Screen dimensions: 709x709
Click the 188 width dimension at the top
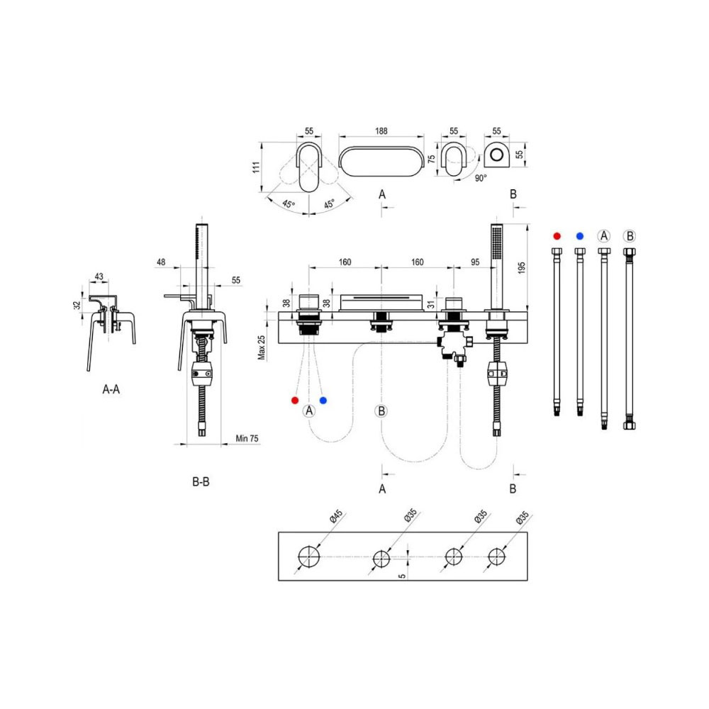(x=381, y=131)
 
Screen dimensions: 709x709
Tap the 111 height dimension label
(x=257, y=167)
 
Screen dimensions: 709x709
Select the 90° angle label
(x=481, y=178)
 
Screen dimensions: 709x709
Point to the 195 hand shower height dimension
(x=522, y=268)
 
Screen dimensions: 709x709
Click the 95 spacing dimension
(x=475, y=262)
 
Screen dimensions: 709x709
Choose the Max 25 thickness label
(x=262, y=347)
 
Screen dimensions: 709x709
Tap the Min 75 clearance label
(x=247, y=439)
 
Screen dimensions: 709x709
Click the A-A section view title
(x=111, y=389)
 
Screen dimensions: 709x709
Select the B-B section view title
(x=201, y=482)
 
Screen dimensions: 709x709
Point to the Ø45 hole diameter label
(x=336, y=516)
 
